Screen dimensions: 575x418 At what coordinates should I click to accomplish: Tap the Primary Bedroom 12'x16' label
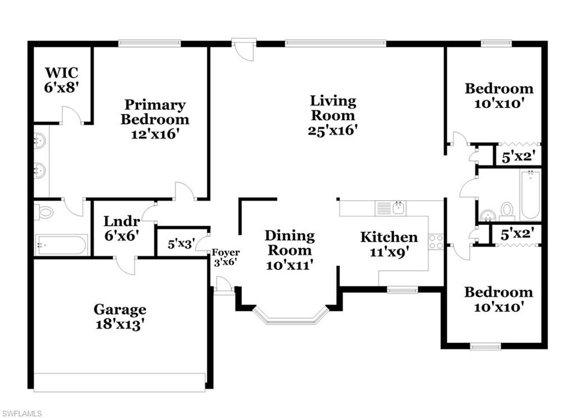click(x=155, y=119)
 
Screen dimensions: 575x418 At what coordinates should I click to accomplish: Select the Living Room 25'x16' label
click(x=332, y=115)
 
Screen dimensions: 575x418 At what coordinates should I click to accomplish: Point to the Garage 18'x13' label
click(x=120, y=317)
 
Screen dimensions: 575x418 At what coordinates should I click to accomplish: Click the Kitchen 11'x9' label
click(x=389, y=244)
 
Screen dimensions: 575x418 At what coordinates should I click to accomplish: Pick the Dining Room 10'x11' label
click(x=289, y=250)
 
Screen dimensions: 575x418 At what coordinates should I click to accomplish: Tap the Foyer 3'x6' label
click(x=226, y=257)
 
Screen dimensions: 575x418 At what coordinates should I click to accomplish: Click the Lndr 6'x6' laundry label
click(x=121, y=228)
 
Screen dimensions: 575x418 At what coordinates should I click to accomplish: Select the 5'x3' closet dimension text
click(x=181, y=244)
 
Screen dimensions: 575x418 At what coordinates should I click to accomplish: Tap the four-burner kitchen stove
click(x=436, y=242)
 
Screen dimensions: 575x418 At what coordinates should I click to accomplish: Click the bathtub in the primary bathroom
click(x=61, y=245)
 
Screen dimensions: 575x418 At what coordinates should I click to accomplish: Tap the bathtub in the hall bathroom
click(x=530, y=194)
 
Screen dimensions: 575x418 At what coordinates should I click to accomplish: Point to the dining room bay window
click(x=290, y=316)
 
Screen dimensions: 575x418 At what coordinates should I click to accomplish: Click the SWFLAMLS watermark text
click(x=21, y=414)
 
